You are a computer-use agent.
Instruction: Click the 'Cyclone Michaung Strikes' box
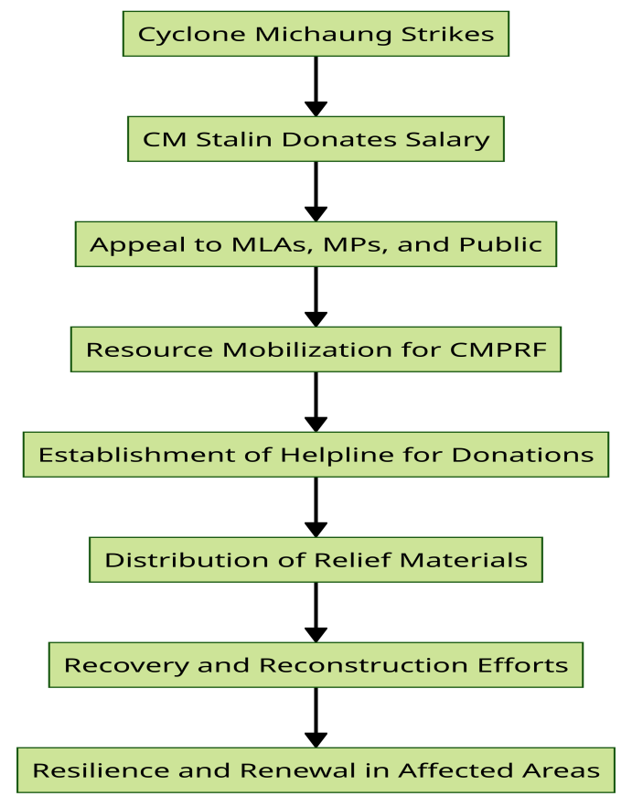click(x=316, y=34)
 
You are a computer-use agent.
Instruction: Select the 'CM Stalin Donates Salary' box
click(x=316, y=139)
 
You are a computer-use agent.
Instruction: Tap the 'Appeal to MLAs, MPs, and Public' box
click(x=316, y=244)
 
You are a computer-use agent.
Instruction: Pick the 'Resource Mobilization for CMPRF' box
click(x=316, y=349)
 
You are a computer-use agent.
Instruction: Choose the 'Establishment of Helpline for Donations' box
click(x=316, y=455)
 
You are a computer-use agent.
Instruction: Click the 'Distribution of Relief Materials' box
click(x=316, y=559)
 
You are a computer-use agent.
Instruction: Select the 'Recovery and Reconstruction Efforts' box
click(x=316, y=664)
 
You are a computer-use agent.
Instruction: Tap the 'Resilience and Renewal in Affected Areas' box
click(x=316, y=769)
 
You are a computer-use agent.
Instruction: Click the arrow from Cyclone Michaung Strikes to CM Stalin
click(x=316, y=86)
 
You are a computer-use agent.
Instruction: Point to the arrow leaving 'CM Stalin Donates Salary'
click(x=316, y=191)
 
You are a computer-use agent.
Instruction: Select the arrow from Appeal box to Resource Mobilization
click(x=316, y=296)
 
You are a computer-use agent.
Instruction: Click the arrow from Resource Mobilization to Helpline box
click(x=316, y=402)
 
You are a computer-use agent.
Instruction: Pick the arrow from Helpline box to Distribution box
click(x=316, y=507)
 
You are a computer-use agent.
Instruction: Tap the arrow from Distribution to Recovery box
click(x=316, y=612)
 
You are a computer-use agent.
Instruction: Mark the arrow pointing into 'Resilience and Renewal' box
click(x=316, y=717)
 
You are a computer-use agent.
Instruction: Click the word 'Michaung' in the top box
click(x=323, y=35)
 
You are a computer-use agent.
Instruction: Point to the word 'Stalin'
click(x=233, y=139)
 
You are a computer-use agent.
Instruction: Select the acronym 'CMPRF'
click(x=498, y=350)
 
